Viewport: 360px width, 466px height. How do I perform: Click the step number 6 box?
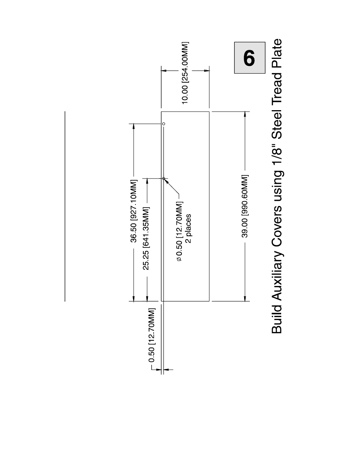tap(249, 57)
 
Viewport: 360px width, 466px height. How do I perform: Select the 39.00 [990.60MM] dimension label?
tap(245, 206)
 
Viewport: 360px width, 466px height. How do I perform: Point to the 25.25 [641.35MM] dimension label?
tap(146, 238)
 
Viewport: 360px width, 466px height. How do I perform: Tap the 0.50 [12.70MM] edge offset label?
tap(152, 336)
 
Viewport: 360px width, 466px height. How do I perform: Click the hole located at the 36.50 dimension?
tap(164, 124)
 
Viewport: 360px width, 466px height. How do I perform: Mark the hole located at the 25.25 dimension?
tap(164, 178)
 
